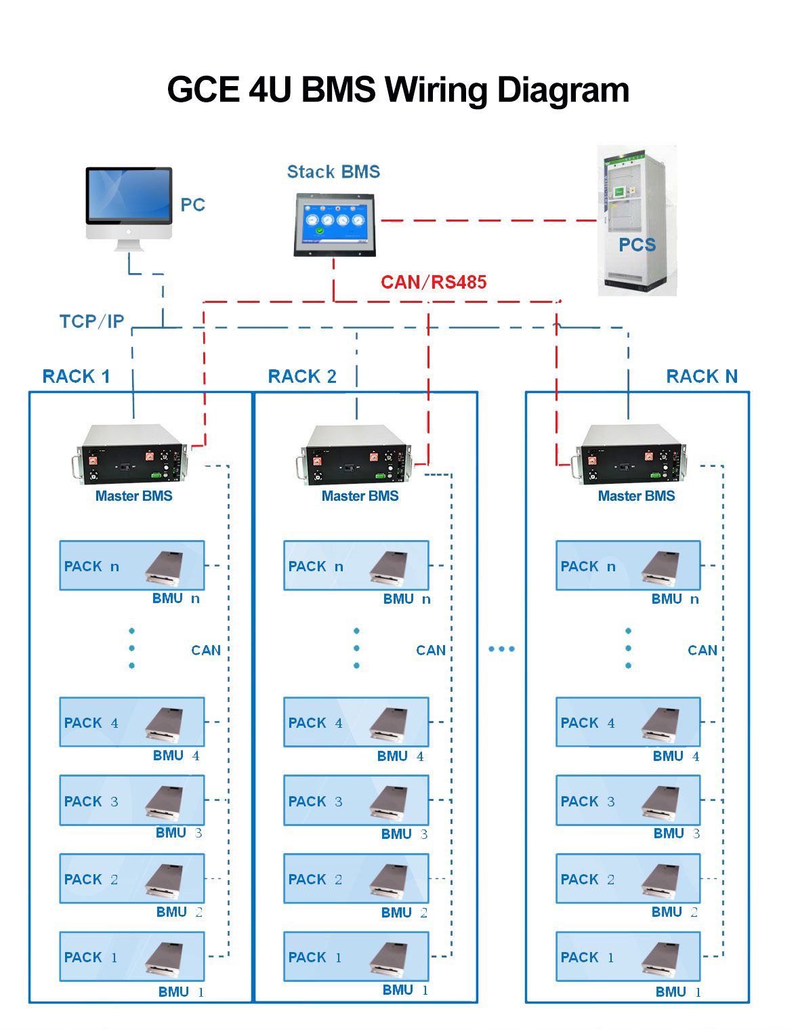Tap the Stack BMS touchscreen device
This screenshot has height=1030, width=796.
(334, 225)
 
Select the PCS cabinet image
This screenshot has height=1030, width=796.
(637, 220)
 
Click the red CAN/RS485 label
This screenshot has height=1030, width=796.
(434, 282)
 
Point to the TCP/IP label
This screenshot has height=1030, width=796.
(91, 321)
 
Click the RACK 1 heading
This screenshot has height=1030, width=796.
(76, 376)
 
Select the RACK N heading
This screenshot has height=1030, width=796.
(702, 376)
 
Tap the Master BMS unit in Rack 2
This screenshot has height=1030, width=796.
(356, 455)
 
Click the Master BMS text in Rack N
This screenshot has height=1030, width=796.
(636, 496)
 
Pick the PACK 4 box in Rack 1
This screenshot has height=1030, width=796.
(132, 722)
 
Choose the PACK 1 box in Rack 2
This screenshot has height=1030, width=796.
(356, 956)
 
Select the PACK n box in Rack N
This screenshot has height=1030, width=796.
(628, 565)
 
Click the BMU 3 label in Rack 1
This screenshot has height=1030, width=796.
(179, 833)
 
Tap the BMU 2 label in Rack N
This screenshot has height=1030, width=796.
(675, 912)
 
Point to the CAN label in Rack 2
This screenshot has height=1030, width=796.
(431, 651)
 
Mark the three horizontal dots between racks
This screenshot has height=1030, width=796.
(501, 649)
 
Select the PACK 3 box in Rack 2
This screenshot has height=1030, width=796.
(356, 800)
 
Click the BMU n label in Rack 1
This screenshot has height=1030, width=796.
(176, 598)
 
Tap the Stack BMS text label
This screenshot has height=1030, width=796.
(333, 172)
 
